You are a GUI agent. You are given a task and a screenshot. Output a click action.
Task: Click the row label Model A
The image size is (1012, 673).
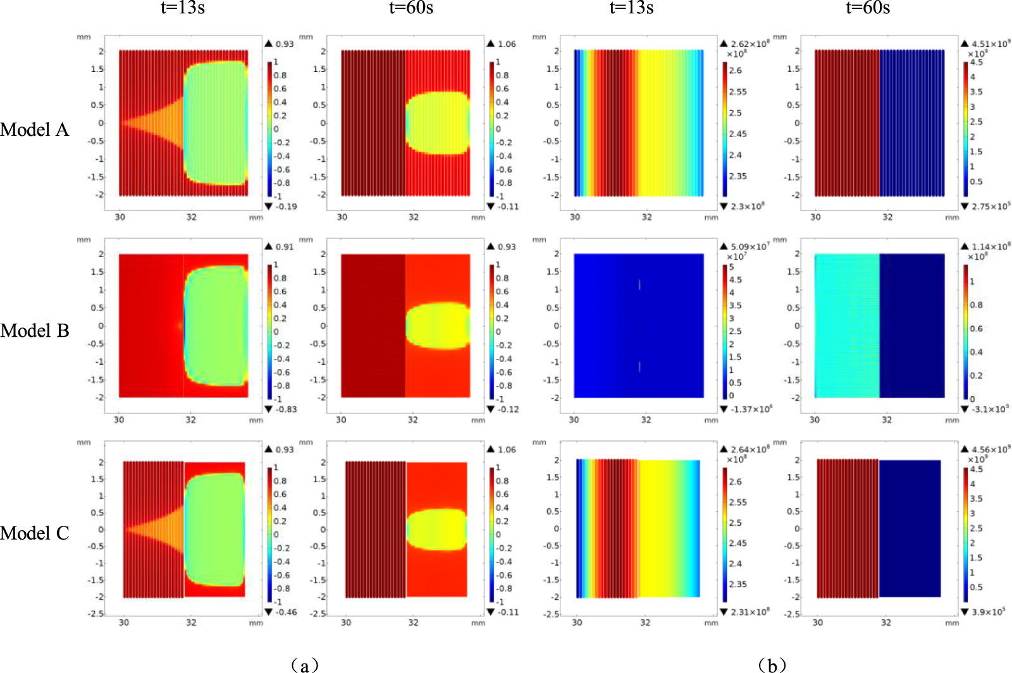click(x=35, y=130)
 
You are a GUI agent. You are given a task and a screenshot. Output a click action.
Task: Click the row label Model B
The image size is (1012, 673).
click(x=35, y=330)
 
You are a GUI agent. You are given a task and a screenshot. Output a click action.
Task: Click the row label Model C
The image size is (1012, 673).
click(x=35, y=533)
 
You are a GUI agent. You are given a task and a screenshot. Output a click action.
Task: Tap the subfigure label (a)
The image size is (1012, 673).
click(x=305, y=665)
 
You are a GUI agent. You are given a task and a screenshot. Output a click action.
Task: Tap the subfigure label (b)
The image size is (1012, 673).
click(x=772, y=665)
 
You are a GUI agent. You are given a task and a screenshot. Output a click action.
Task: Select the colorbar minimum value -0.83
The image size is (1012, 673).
click(x=286, y=409)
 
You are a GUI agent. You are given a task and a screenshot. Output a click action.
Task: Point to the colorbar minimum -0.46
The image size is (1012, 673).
click(x=286, y=612)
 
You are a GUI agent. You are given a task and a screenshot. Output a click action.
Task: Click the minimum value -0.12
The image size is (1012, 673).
click(x=508, y=409)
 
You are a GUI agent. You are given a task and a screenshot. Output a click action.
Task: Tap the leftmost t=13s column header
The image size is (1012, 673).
click(x=182, y=8)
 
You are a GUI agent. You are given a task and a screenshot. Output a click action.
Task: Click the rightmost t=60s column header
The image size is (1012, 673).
click(x=868, y=8)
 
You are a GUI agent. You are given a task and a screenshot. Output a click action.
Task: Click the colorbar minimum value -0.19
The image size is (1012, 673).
click(x=286, y=207)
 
